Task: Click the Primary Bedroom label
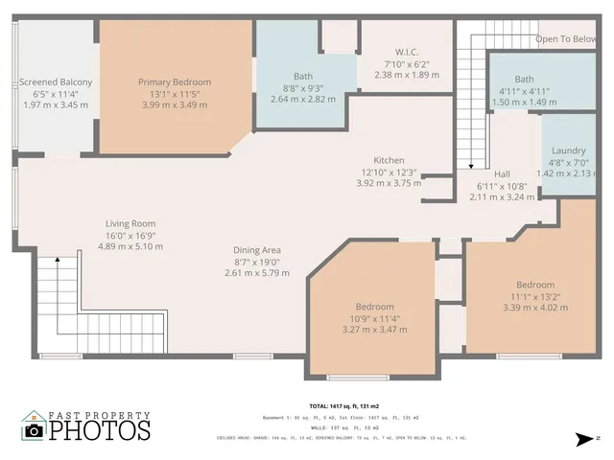click(174, 82)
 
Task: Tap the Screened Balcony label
click(56, 82)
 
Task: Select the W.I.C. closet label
click(406, 52)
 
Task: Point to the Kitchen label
click(389, 160)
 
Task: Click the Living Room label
click(130, 223)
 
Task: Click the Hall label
click(502, 173)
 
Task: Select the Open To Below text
click(566, 39)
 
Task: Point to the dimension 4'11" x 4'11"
click(524, 91)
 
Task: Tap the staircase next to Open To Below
click(470, 96)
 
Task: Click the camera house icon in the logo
click(34, 426)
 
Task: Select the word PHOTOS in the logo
click(100, 430)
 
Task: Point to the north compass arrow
click(582, 440)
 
